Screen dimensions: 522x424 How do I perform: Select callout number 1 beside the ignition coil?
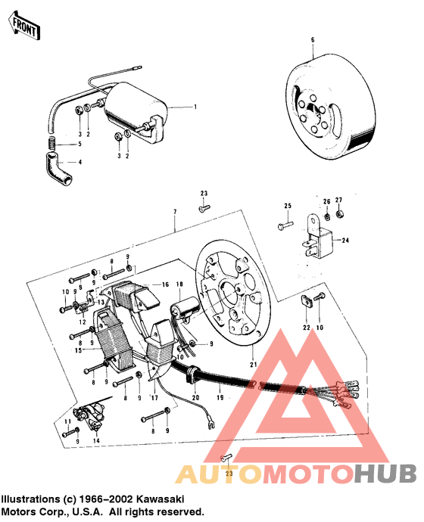coord(195,107)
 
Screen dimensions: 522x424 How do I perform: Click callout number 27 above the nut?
coord(338,200)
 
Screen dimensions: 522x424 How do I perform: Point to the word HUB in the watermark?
coord(385,473)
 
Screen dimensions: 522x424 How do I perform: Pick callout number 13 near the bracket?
coord(101,301)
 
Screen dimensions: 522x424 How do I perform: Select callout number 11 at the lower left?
coord(66,421)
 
